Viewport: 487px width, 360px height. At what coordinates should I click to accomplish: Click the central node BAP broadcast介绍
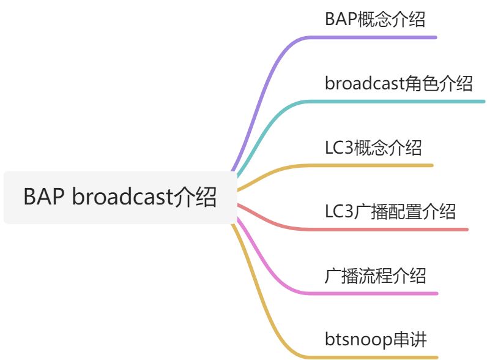pyautogui.click(x=120, y=198)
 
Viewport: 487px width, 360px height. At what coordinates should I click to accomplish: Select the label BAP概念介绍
pyautogui.click(x=374, y=19)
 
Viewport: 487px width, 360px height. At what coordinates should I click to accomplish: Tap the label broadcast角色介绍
pyautogui.click(x=398, y=83)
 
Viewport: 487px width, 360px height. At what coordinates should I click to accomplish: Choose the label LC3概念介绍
pyautogui.click(x=373, y=148)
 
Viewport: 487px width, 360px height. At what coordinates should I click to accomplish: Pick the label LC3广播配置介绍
pyautogui.click(x=390, y=212)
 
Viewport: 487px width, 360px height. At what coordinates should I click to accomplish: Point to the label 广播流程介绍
pyautogui.click(x=375, y=276)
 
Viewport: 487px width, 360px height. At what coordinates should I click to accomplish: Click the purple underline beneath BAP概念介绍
pyautogui.click(x=379, y=37)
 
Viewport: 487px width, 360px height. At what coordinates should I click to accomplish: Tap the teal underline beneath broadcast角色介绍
pyautogui.click(x=404, y=102)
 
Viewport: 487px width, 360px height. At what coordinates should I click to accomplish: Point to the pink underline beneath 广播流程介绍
pyautogui.click(x=379, y=293)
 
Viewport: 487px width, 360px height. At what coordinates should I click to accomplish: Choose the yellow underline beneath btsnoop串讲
pyautogui.click(x=379, y=357)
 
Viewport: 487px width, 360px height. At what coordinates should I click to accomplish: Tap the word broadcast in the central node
pyautogui.click(x=122, y=198)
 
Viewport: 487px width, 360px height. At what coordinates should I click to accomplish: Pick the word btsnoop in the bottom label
pyautogui.click(x=357, y=340)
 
